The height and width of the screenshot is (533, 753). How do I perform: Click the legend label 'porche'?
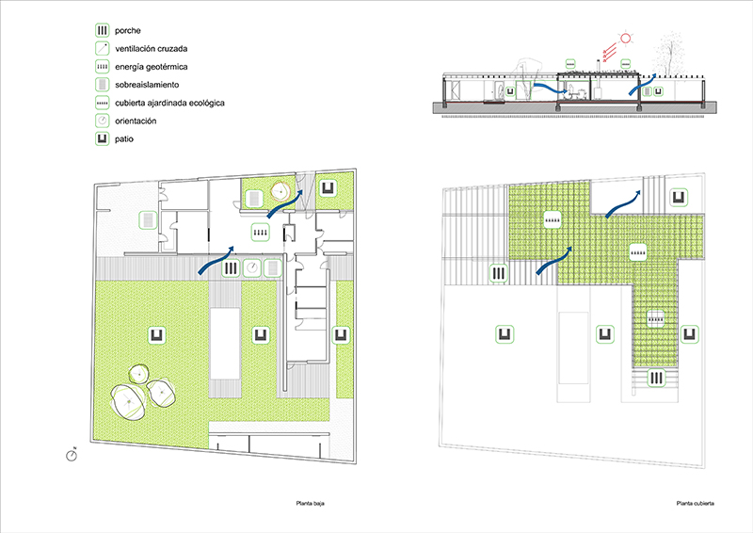(x=128, y=31)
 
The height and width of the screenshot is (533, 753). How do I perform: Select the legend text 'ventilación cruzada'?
(x=152, y=49)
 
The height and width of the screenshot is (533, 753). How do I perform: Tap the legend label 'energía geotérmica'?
(x=152, y=67)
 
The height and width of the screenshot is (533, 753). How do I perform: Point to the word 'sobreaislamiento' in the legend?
(x=147, y=85)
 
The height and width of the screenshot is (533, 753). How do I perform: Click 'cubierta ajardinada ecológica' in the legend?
(x=169, y=103)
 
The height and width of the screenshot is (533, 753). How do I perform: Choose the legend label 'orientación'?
(x=136, y=121)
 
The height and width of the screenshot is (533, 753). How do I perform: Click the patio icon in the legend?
(x=102, y=138)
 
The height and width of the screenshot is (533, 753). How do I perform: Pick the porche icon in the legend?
(x=102, y=30)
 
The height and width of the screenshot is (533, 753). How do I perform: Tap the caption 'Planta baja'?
(x=311, y=503)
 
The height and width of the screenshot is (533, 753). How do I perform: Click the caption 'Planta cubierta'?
(x=695, y=503)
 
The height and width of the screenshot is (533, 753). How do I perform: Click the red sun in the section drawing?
(x=625, y=38)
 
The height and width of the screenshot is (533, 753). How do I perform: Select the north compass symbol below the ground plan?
(x=72, y=455)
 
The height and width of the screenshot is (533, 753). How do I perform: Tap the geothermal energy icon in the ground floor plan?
(x=261, y=233)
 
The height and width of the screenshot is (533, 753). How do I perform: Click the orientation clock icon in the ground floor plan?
(x=251, y=267)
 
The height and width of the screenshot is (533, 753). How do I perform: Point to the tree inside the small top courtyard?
(x=280, y=191)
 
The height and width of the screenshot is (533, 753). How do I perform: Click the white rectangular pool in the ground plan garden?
(x=225, y=343)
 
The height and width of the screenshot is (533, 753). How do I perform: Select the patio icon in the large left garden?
(x=157, y=335)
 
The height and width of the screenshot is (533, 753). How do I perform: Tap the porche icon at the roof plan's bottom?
(x=656, y=379)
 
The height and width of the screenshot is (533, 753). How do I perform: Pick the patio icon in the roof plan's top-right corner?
(x=679, y=197)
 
